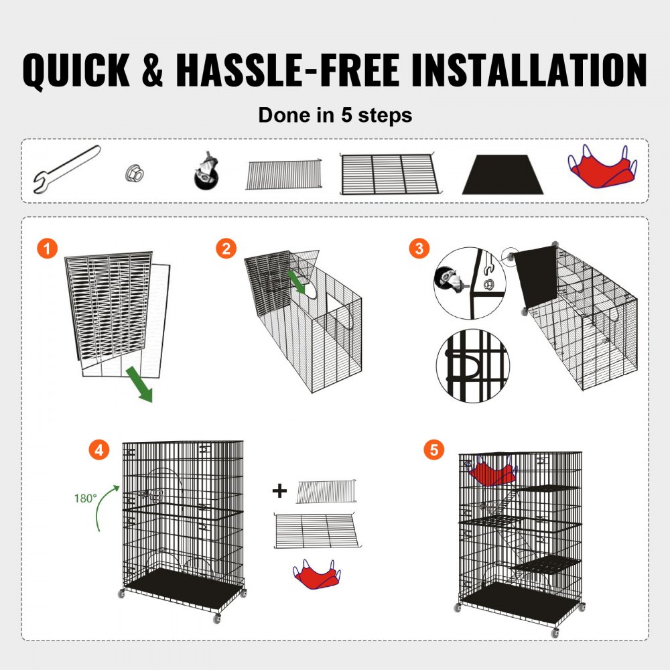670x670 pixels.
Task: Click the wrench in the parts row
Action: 66,170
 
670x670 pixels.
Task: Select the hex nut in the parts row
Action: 134,174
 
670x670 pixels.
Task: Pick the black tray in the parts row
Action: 503,175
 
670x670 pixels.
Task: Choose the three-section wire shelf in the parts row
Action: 389,174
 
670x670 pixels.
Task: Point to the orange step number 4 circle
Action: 99,450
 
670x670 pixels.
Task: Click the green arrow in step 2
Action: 296,282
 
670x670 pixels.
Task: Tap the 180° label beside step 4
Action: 86,498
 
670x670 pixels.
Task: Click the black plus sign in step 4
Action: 279,491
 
